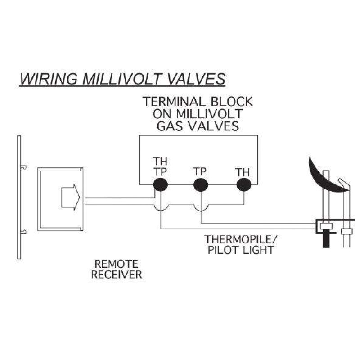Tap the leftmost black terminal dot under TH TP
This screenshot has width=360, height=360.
coord(160,184)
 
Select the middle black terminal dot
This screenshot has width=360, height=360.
coord(201,184)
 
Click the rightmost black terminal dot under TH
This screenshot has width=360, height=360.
coord(243,184)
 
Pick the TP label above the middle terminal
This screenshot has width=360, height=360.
coord(201,172)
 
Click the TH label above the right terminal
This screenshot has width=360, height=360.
coord(243,172)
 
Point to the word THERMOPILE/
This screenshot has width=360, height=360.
coord(234,239)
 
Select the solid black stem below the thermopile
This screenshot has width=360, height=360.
coord(324,238)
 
